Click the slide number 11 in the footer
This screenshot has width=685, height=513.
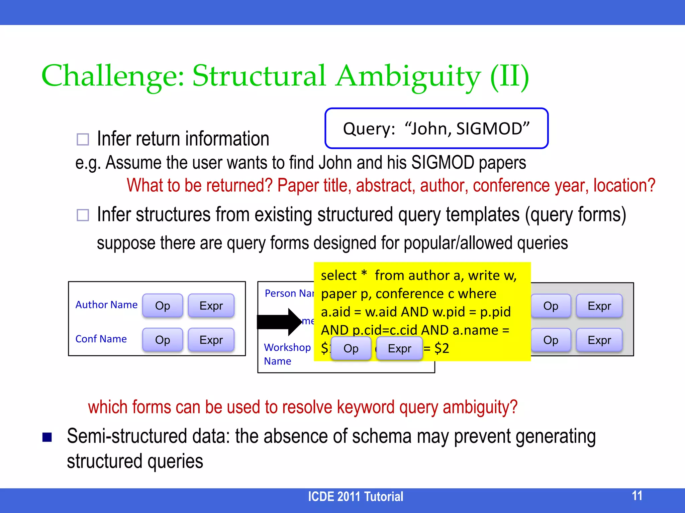(x=637, y=496)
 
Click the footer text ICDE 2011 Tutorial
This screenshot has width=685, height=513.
(x=355, y=497)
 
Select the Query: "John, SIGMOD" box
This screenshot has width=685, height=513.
(x=436, y=129)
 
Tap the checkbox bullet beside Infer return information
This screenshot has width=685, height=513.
(x=83, y=139)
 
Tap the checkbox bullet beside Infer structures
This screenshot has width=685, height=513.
(x=83, y=215)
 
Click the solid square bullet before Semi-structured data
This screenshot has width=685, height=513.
(x=47, y=437)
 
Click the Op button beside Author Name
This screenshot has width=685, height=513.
(x=163, y=306)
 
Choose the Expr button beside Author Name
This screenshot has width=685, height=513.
(x=211, y=306)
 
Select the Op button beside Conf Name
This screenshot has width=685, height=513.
(x=163, y=340)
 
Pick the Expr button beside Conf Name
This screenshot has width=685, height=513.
(x=211, y=340)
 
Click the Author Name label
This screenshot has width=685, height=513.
(x=106, y=305)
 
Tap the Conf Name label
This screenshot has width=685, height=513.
(x=101, y=339)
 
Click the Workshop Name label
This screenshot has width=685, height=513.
(x=287, y=354)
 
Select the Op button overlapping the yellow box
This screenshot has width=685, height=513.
(x=351, y=348)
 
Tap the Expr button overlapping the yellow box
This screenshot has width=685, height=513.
(x=399, y=348)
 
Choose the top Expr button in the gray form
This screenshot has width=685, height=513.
(x=599, y=306)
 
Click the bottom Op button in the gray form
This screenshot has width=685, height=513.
(x=551, y=340)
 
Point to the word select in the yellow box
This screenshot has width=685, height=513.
(x=338, y=276)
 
